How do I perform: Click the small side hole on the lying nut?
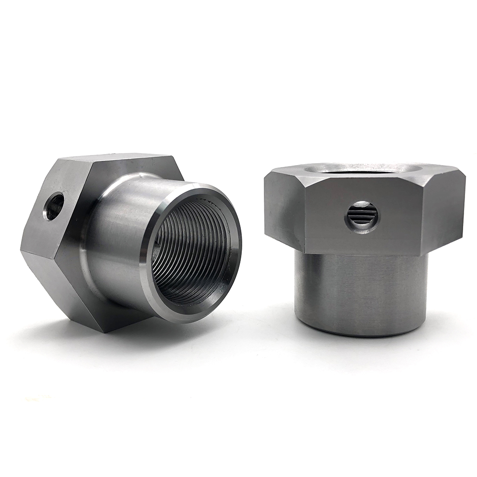pyautogui.click(x=54, y=206)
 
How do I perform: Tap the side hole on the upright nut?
pyautogui.click(x=362, y=216)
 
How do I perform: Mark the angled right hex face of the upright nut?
pyautogui.click(x=446, y=210)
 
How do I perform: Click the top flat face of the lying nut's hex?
pyautogui.click(x=119, y=160)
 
